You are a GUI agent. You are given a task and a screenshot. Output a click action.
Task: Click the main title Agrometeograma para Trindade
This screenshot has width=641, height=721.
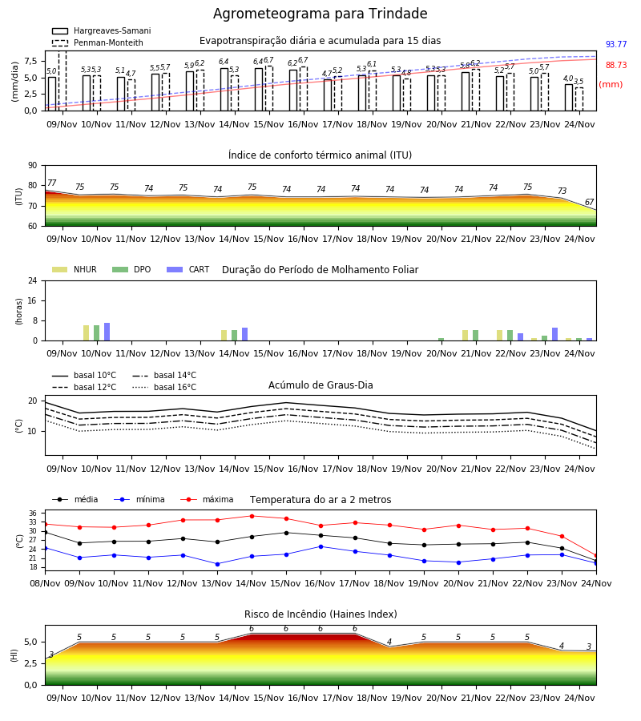pos(320,14)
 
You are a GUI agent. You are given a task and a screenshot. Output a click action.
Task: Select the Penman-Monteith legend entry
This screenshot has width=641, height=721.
pos(98,42)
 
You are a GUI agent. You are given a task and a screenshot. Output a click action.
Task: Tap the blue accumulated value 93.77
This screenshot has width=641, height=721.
pos(616,44)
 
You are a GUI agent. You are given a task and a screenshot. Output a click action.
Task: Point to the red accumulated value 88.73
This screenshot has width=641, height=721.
pos(616,65)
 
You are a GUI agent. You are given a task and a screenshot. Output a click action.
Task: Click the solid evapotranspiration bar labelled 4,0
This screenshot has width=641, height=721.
pos(569,98)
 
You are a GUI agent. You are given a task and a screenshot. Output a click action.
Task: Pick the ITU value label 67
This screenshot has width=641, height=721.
pos(589,202)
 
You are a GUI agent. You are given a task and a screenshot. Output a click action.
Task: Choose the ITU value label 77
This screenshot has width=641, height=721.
pos(51,183)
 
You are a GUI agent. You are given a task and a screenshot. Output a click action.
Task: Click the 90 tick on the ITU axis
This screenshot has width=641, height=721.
pos(33,166)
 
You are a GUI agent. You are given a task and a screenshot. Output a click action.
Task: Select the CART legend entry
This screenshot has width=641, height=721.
pos(187,269)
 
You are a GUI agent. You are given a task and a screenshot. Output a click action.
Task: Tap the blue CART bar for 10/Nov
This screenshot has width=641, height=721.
pos(107,332)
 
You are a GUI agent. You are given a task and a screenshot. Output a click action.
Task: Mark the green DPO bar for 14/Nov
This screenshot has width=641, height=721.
pos(235,335)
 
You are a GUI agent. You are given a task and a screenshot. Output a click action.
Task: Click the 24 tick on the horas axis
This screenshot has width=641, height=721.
pos(33,280)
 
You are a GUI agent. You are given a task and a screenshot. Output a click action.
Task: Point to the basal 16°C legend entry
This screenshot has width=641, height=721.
pos(164,387)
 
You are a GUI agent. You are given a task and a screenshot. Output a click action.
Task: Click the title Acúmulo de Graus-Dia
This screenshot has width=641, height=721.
pos(320,385)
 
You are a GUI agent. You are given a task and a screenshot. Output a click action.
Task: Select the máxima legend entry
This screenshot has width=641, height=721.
pos(207,499)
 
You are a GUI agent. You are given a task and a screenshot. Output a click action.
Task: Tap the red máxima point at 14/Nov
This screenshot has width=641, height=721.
pos(252,516)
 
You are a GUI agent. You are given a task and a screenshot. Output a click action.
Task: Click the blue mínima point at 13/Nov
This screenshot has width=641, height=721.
pos(217,564)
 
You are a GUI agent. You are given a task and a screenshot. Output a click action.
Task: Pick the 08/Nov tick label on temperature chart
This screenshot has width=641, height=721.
pos(45,583)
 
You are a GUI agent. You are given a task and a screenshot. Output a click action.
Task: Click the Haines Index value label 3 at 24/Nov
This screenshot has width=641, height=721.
pos(589,646)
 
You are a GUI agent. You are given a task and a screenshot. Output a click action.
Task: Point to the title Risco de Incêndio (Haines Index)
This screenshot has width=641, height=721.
pos(320,614)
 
